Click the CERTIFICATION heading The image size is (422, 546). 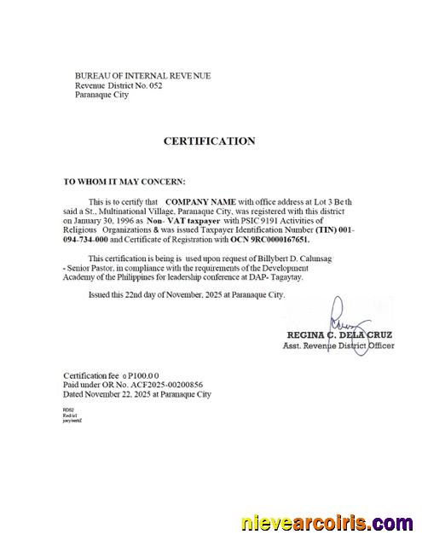[x=209, y=141]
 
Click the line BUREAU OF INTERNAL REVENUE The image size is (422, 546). [x=142, y=76]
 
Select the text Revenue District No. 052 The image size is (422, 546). [x=118, y=85]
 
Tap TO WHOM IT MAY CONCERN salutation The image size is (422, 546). [x=124, y=182]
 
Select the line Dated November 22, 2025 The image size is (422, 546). [x=137, y=395]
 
